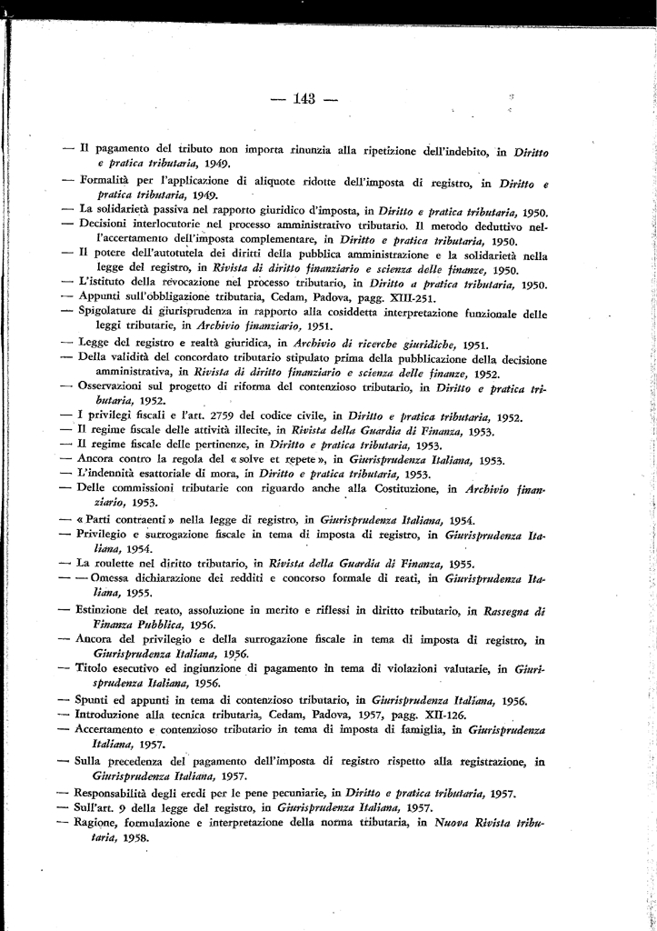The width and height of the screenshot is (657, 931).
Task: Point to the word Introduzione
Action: [x=114, y=715]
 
